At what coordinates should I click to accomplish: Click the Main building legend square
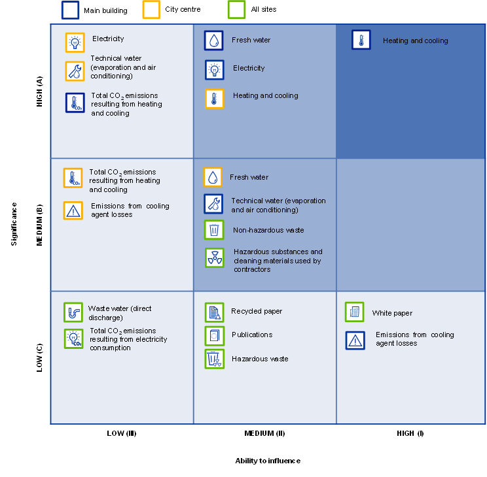coord(70,10)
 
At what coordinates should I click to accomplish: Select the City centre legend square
coord(151,10)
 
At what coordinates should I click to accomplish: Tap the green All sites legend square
coord(237,10)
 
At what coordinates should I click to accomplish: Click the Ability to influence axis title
coord(268,461)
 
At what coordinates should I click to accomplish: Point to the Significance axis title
coord(14,224)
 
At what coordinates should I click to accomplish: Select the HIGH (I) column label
coord(410,433)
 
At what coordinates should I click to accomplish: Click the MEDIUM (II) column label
coord(264,433)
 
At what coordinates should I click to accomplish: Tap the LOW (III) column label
coord(122,433)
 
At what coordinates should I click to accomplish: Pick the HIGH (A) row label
coord(39,91)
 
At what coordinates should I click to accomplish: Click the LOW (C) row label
coord(39,357)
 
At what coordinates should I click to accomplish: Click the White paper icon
coord(354,312)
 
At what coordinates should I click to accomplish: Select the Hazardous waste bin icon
coord(214,359)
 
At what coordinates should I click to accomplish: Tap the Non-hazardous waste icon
coord(214,230)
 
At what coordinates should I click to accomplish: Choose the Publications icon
coord(214,336)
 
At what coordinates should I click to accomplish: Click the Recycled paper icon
coord(214,312)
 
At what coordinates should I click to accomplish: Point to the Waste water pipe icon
coord(73,312)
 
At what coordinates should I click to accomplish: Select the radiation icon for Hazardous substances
coord(215,257)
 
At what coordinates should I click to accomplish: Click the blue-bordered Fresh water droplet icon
coord(213,41)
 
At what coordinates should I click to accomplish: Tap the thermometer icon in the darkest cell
coord(361,40)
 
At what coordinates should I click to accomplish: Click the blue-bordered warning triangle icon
coord(355,340)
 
